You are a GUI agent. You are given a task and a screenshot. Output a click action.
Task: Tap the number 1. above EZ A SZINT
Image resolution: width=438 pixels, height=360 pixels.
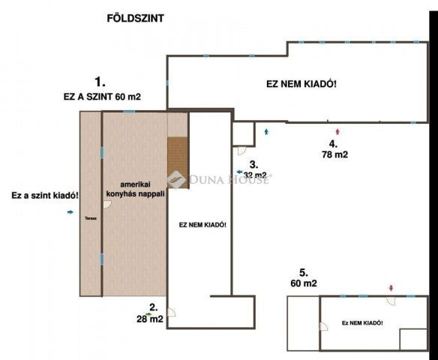click(100, 80)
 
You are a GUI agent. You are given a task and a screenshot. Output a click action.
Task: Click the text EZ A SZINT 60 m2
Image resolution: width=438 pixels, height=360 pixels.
click(102, 96)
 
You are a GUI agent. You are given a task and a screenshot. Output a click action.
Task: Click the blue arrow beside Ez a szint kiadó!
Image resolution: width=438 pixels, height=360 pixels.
click(70, 212)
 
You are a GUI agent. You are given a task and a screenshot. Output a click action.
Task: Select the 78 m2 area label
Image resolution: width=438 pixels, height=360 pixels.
click(333, 154)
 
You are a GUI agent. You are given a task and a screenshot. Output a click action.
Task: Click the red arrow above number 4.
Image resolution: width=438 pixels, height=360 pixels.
click(337, 132)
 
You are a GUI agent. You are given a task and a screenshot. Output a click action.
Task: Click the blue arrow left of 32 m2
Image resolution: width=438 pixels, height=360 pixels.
click(240, 172)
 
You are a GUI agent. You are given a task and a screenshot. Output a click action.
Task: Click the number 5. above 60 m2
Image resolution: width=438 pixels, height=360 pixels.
click(303, 272)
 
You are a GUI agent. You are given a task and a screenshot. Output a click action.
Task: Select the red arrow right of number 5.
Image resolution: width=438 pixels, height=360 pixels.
click(390, 288)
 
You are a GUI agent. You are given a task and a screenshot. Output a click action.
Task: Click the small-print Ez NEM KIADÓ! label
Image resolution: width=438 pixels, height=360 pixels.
click(362, 322)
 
